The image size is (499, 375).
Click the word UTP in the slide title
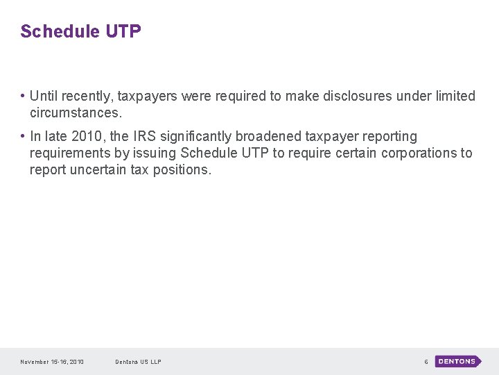[x=123, y=32]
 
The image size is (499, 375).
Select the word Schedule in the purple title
[x=60, y=32]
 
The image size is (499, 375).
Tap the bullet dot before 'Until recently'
[x=23, y=97]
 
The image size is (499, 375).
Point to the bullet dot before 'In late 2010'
[x=23, y=137]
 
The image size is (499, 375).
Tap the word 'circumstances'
[x=73, y=112]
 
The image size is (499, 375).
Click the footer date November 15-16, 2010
[x=52, y=362]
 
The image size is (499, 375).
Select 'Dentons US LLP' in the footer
[x=139, y=362]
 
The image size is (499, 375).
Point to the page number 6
[x=426, y=362]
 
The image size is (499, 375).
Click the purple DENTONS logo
[x=457, y=362]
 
